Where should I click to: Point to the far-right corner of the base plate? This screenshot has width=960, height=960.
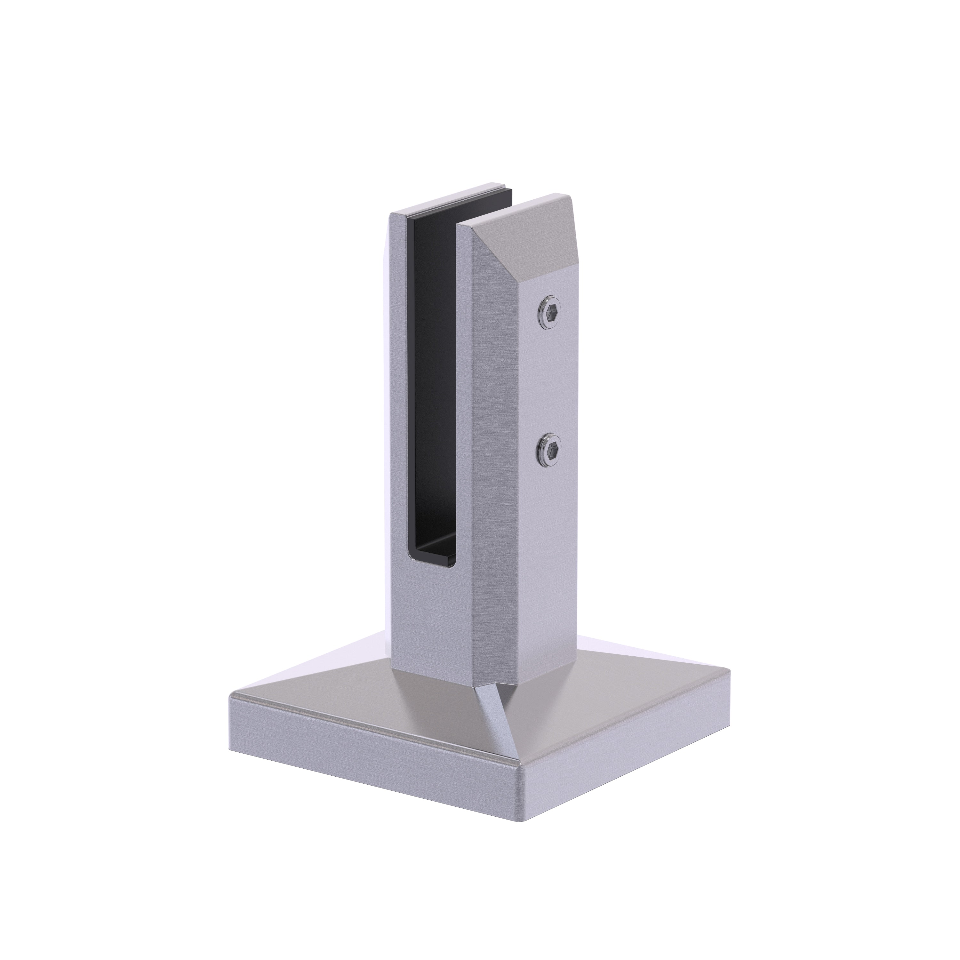(731, 671)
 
